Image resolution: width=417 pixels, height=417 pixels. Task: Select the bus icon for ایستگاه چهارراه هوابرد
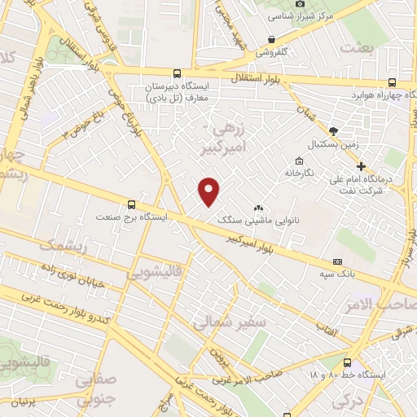point(393,82)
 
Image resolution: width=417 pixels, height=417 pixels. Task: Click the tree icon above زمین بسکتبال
point(333,130)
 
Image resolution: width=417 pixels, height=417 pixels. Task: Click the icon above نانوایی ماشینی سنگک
point(258,208)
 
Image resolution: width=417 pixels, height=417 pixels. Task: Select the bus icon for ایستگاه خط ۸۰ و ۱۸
point(348,362)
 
